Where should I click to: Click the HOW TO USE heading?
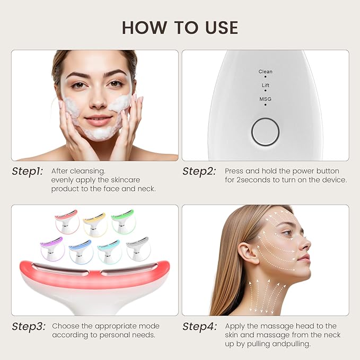180,27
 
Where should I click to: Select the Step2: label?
199,171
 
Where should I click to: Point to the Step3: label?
29,326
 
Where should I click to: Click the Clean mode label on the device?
265,72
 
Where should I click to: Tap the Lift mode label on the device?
265,85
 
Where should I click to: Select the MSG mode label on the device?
265,99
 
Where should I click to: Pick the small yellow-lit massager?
95,223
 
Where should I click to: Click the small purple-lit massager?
52,248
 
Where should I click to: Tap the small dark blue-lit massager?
81,251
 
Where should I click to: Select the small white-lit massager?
138,248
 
